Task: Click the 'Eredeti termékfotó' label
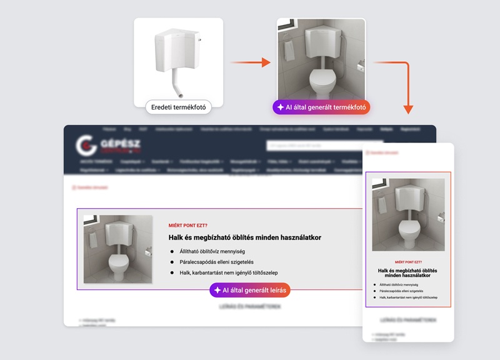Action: pos(178,107)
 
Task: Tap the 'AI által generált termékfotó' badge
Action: pos(321,107)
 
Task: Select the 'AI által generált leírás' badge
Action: pos(250,290)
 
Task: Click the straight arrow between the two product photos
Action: pos(250,62)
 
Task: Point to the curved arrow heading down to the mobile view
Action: pos(403,81)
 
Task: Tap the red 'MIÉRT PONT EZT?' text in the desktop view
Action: pos(187,226)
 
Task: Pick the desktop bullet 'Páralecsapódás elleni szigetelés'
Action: pos(216,262)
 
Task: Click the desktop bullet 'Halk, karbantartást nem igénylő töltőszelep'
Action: pos(228,272)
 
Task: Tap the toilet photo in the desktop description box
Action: pos(118,249)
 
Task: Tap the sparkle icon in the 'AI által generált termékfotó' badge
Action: pos(281,107)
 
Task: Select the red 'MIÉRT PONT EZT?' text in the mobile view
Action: pos(408,262)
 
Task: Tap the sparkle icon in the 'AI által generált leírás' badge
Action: pos(217,290)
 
